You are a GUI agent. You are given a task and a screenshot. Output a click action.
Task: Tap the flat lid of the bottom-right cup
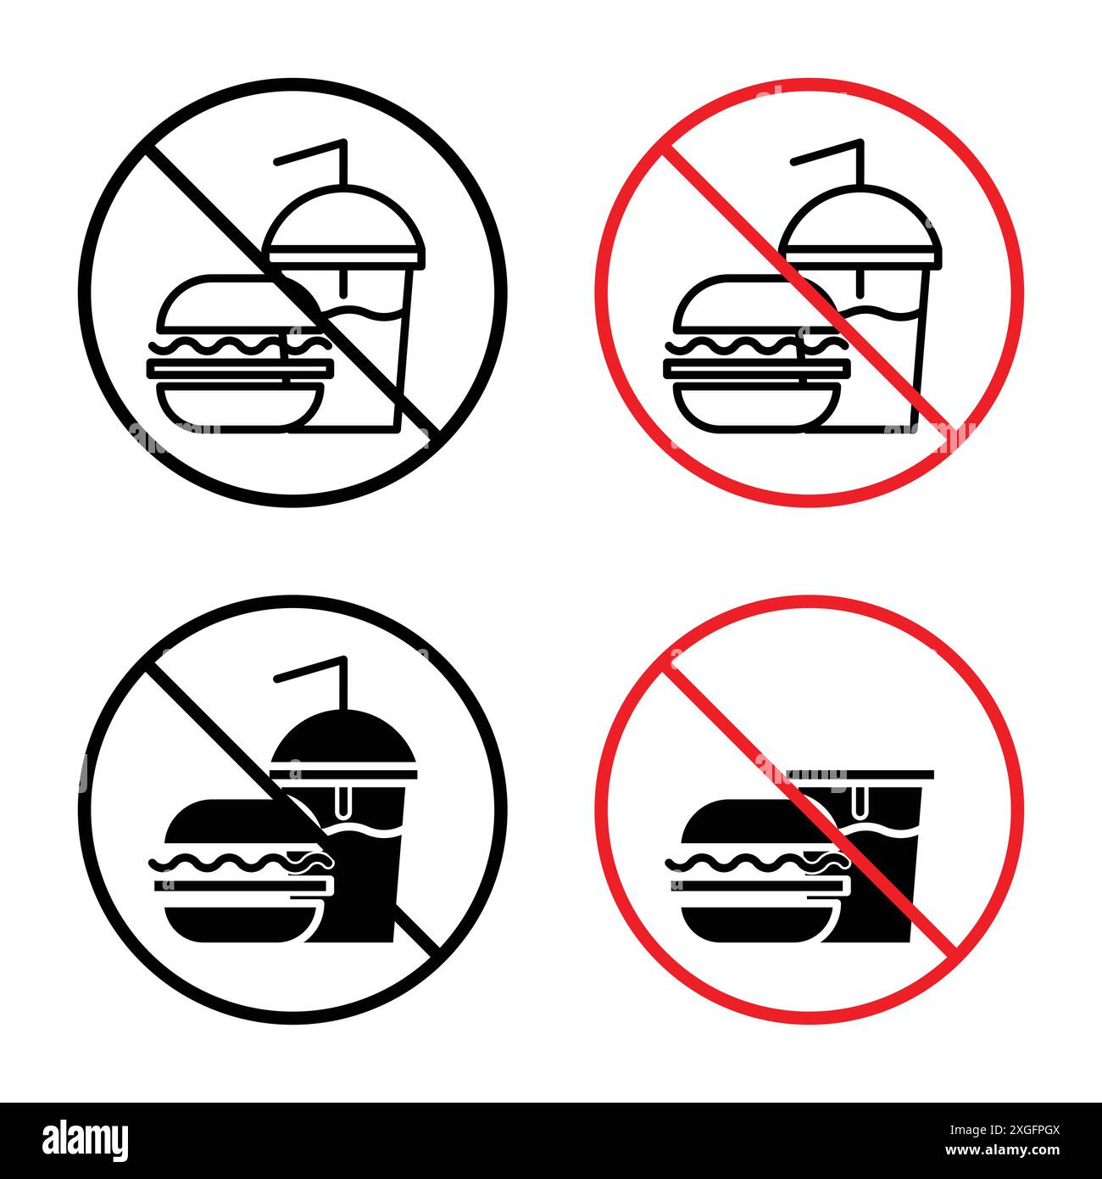[860, 774]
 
